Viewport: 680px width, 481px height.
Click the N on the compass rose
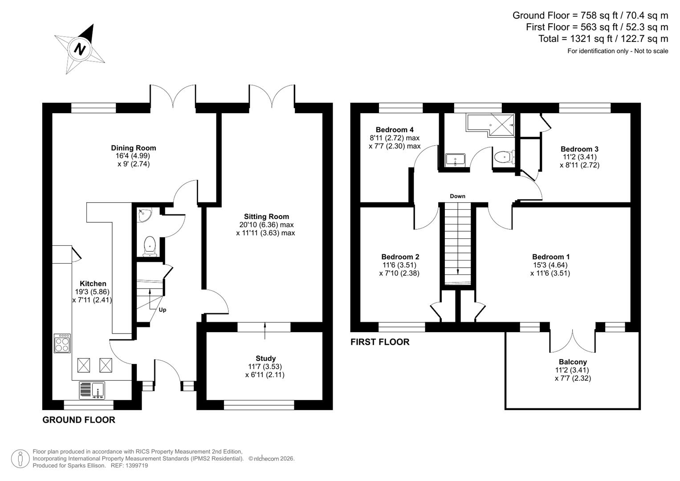(x=80, y=49)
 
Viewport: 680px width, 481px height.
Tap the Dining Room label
(x=134, y=148)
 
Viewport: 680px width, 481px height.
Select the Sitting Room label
(x=266, y=216)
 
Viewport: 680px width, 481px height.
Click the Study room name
(x=265, y=358)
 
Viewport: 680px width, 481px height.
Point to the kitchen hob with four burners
(x=62, y=343)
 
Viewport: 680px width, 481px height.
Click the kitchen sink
(x=92, y=391)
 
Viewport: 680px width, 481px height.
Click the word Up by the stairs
(x=163, y=310)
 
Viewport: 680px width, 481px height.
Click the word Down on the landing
(x=457, y=196)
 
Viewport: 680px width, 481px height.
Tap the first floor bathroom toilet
(x=504, y=157)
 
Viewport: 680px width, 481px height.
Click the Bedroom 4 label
(x=395, y=130)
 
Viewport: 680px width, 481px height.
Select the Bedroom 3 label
(x=579, y=149)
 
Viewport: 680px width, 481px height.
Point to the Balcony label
(x=573, y=362)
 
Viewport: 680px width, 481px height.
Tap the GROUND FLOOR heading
(x=79, y=420)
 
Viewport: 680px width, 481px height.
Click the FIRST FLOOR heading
(x=380, y=342)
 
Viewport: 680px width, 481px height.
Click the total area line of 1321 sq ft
(x=603, y=39)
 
